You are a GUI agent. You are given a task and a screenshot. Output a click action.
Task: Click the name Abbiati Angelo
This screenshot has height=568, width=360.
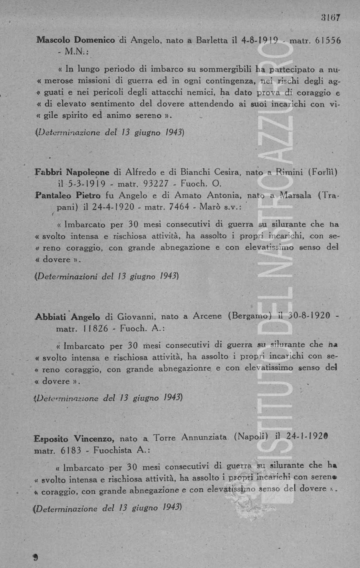pyautogui.click(x=68, y=317)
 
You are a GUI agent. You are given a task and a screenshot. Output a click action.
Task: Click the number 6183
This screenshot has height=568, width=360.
pyautogui.click(x=71, y=450)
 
